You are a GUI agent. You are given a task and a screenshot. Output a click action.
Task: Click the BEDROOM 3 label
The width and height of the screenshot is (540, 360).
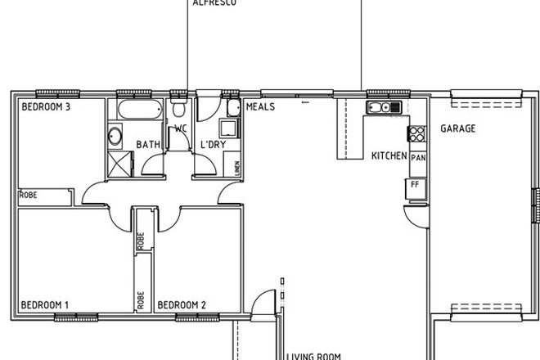pyautogui.click(x=44, y=106)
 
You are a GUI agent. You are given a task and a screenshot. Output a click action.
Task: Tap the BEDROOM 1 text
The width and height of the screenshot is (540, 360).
pyautogui.click(x=44, y=305)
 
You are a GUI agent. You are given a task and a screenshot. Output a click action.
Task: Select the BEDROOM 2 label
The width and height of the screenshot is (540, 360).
pyautogui.click(x=181, y=305)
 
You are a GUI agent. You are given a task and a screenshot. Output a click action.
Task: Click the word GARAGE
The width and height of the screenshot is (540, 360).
pyautogui.click(x=458, y=128)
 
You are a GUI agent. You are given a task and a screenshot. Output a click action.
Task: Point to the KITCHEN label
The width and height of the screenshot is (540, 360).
pyautogui.click(x=389, y=155)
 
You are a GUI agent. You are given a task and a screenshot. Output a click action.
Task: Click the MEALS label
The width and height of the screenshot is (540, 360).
pyautogui.click(x=260, y=107)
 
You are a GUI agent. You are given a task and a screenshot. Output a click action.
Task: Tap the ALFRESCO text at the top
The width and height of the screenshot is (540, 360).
pyautogui.click(x=214, y=4)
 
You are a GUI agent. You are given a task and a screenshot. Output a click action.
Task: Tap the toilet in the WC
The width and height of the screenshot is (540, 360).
pyautogui.click(x=178, y=110)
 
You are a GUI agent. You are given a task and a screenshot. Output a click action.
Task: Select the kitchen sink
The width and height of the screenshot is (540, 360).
pyautogui.click(x=382, y=107)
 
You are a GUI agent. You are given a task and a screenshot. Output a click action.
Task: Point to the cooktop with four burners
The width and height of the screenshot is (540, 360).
pyautogui.click(x=417, y=135)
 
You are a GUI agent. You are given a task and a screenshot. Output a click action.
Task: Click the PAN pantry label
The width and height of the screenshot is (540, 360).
pyautogui.click(x=417, y=158)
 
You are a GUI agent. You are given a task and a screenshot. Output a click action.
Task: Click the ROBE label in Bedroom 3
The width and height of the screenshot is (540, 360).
pyautogui.click(x=29, y=196)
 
